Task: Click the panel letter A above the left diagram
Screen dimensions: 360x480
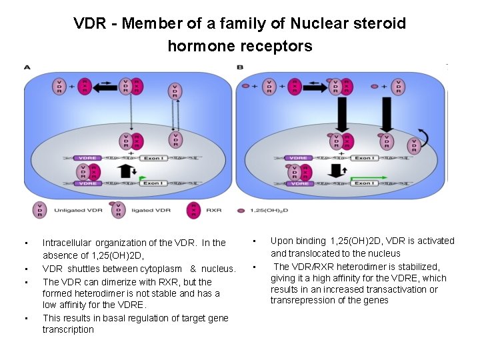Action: (27, 67)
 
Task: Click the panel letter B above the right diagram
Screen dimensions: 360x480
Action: (240, 67)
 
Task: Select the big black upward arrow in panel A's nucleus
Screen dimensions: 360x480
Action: (125, 170)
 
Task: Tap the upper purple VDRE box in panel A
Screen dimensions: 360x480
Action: (87, 158)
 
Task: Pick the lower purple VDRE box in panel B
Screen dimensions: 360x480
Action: (299, 183)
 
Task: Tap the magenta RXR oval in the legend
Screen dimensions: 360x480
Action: (193, 210)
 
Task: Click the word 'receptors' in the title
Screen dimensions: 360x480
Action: (279, 46)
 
